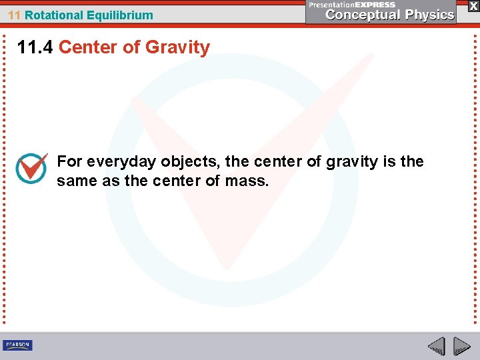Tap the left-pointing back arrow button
tap(436, 345)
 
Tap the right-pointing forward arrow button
tap(461, 345)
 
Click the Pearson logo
tap(17, 345)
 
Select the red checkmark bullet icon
tap(31, 168)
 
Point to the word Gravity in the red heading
tap(177, 47)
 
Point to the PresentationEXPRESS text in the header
tap(352, 5)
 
